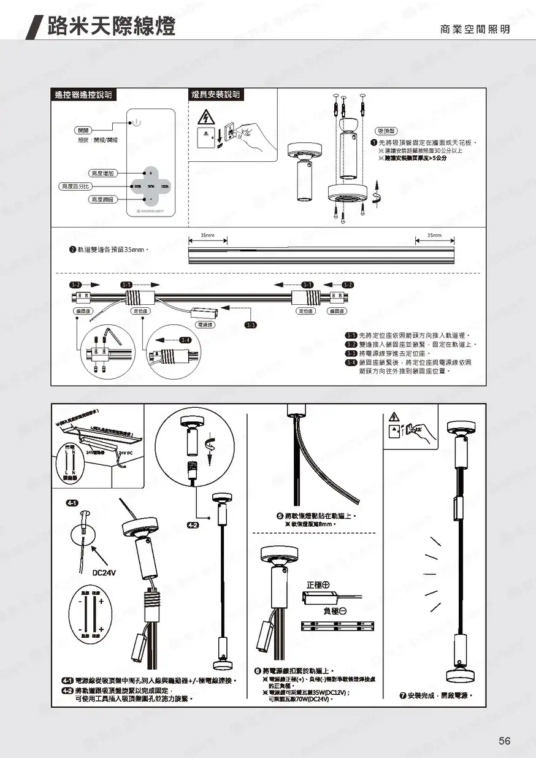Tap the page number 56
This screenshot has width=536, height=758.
pos(504,741)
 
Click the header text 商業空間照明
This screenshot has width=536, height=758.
pos(475,29)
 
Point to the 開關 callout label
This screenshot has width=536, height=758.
pos(83,130)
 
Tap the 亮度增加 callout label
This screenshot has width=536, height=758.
pos(104,174)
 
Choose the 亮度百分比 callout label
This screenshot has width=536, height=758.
pos(76,186)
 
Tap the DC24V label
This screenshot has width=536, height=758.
pos(105,572)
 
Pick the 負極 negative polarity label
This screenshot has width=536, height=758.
pos(335,611)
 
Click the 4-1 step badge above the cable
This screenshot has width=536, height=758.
pos(71,503)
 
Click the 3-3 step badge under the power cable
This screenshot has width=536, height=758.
pos(250,324)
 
